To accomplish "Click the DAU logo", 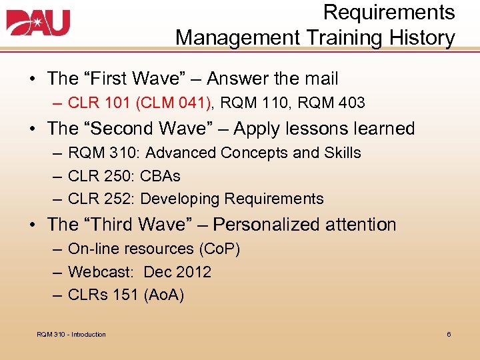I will (38, 23).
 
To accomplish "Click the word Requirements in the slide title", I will (389, 12).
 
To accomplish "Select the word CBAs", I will (161, 176).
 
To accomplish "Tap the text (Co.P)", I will (219, 249).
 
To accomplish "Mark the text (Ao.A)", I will (163, 295).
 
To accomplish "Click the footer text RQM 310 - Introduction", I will (71, 334).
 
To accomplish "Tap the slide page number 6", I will (449, 334).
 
